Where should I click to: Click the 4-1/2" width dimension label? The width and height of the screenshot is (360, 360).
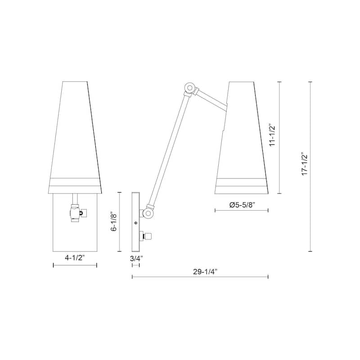(x=75, y=258)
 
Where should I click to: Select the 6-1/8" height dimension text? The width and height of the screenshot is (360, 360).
(x=114, y=222)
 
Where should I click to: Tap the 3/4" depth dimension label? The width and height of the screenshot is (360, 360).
(x=136, y=258)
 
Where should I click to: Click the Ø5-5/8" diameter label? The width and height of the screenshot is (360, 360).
(x=242, y=205)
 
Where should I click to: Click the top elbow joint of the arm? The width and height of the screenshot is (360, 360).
(x=190, y=88)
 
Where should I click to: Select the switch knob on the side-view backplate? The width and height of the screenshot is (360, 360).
(x=149, y=235)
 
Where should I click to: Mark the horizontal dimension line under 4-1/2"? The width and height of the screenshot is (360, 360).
(x=75, y=265)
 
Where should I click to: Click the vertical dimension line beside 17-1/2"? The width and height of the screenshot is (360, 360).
(x=310, y=167)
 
